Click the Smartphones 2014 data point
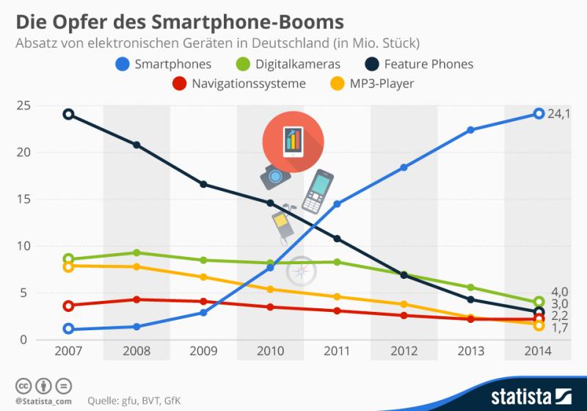[x=539, y=114]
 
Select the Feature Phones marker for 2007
[x=68, y=114]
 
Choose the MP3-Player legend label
[x=382, y=84]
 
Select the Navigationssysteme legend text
[x=248, y=84]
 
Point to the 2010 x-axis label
[x=270, y=351]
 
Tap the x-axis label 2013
[x=471, y=351]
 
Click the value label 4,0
[x=560, y=291]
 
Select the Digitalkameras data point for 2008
[x=136, y=252]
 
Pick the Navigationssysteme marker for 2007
[x=68, y=306]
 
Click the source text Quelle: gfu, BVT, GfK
[x=135, y=401]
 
